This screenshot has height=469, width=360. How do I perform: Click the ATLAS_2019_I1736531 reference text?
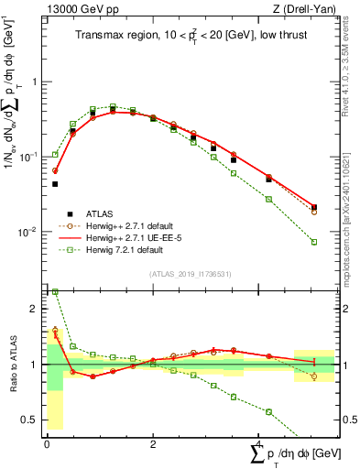coord(190,274)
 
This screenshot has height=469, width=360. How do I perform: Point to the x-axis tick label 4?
coord(259,443)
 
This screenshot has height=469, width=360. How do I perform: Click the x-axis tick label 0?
coord(47,443)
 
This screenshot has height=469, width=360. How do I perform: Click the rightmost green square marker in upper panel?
coord(314,242)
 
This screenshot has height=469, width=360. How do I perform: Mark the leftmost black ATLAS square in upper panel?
coord(55,184)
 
